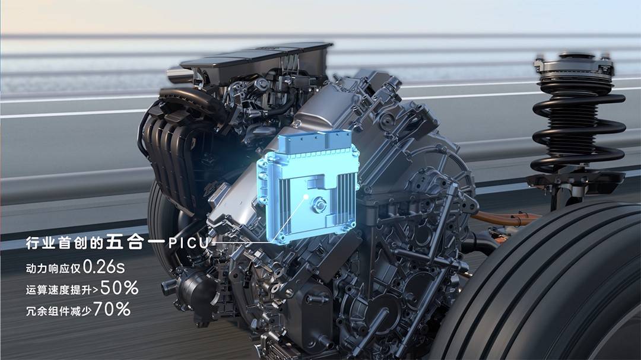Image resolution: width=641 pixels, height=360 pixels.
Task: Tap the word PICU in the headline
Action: pos(189,243)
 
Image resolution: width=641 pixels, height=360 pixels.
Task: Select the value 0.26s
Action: pos(104,267)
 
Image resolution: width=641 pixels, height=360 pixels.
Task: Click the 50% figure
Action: pos(119,288)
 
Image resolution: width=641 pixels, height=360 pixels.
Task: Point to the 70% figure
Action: pos(112,309)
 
